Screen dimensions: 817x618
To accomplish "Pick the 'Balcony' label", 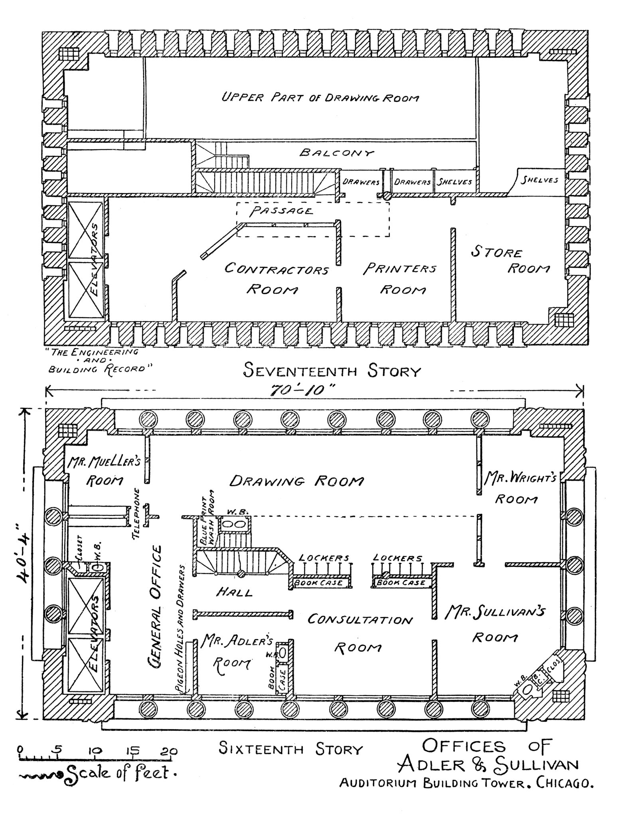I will [x=337, y=153].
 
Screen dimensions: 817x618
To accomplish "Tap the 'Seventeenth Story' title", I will [x=332, y=371].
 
